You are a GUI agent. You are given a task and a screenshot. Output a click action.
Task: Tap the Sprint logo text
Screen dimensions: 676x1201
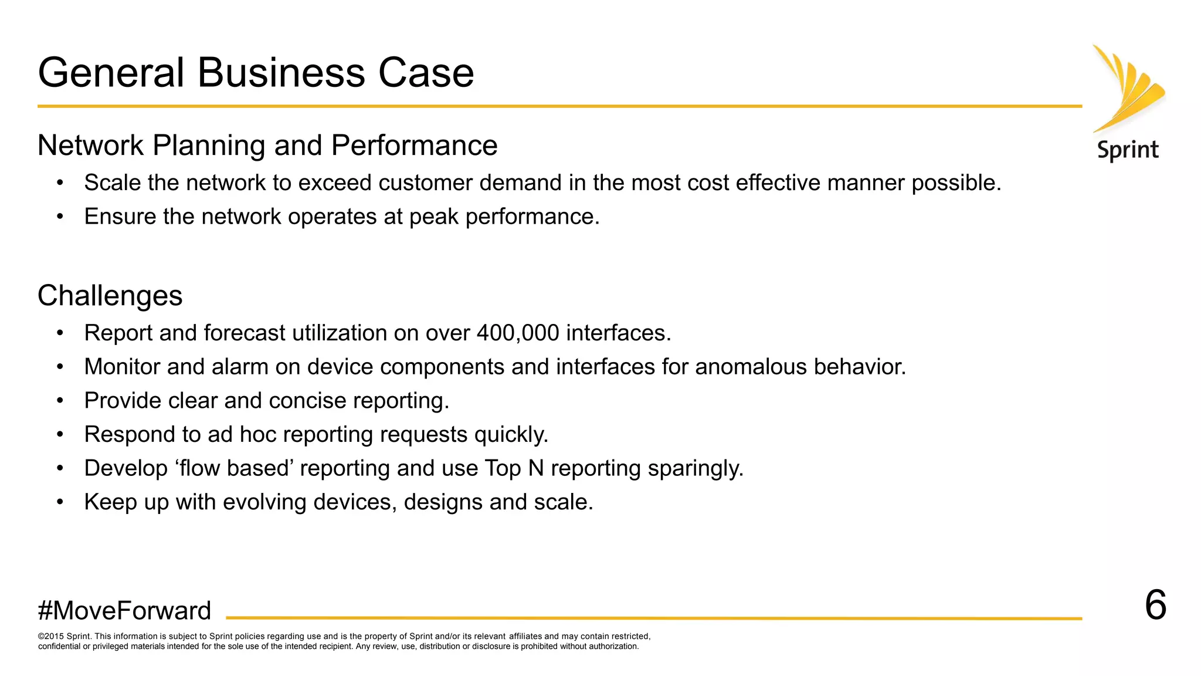[x=1128, y=150]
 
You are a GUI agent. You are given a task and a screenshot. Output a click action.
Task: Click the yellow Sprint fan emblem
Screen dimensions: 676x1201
[x=1128, y=88]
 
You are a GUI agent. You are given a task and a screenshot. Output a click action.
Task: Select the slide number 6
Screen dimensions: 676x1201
[x=1155, y=605]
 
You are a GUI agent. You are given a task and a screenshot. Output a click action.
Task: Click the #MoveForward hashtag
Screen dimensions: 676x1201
[x=124, y=611]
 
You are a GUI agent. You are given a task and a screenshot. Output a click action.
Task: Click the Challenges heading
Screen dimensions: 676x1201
[x=110, y=295]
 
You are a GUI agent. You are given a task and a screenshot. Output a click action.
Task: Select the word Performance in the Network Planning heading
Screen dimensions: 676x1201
[x=414, y=146]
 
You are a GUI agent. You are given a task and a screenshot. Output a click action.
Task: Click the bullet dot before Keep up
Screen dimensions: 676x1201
[x=60, y=502]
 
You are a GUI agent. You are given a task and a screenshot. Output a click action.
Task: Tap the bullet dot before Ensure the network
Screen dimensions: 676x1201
[x=60, y=217]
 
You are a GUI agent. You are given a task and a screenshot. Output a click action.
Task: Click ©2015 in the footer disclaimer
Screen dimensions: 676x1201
[x=51, y=636]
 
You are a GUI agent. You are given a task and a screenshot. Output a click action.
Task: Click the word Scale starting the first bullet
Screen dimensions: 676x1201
[x=113, y=183]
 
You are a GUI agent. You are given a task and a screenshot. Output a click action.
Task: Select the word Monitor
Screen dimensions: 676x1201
[x=122, y=367]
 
